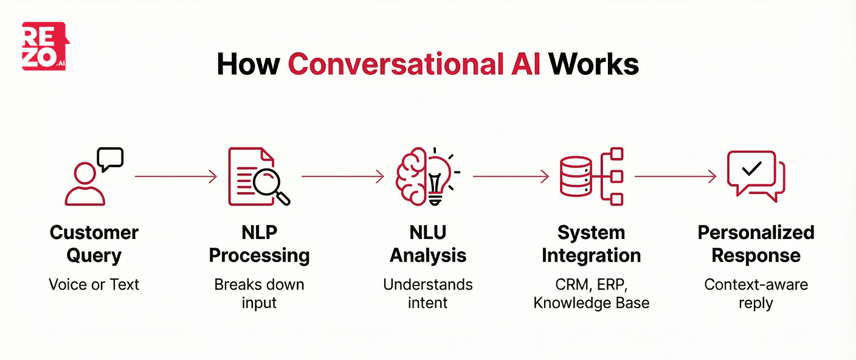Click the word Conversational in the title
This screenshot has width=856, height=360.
(414, 64)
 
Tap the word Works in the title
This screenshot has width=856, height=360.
(594, 64)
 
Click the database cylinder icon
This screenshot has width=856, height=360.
(575, 176)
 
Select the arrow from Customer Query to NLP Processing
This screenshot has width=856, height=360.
(175, 177)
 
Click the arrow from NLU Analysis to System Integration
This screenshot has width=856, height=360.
(511, 177)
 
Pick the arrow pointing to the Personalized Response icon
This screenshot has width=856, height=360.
(675, 177)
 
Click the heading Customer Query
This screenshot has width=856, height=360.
(94, 244)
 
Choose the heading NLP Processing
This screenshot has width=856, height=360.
(260, 244)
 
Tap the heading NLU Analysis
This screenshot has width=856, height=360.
(428, 244)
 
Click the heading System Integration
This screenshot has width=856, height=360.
(591, 244)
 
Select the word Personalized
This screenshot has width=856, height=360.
(756, 233)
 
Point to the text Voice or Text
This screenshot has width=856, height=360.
(94, 285)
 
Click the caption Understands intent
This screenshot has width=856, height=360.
(428, 293)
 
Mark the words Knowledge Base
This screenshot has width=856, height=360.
(591, 302)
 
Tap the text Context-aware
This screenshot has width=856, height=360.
(756, 285)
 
